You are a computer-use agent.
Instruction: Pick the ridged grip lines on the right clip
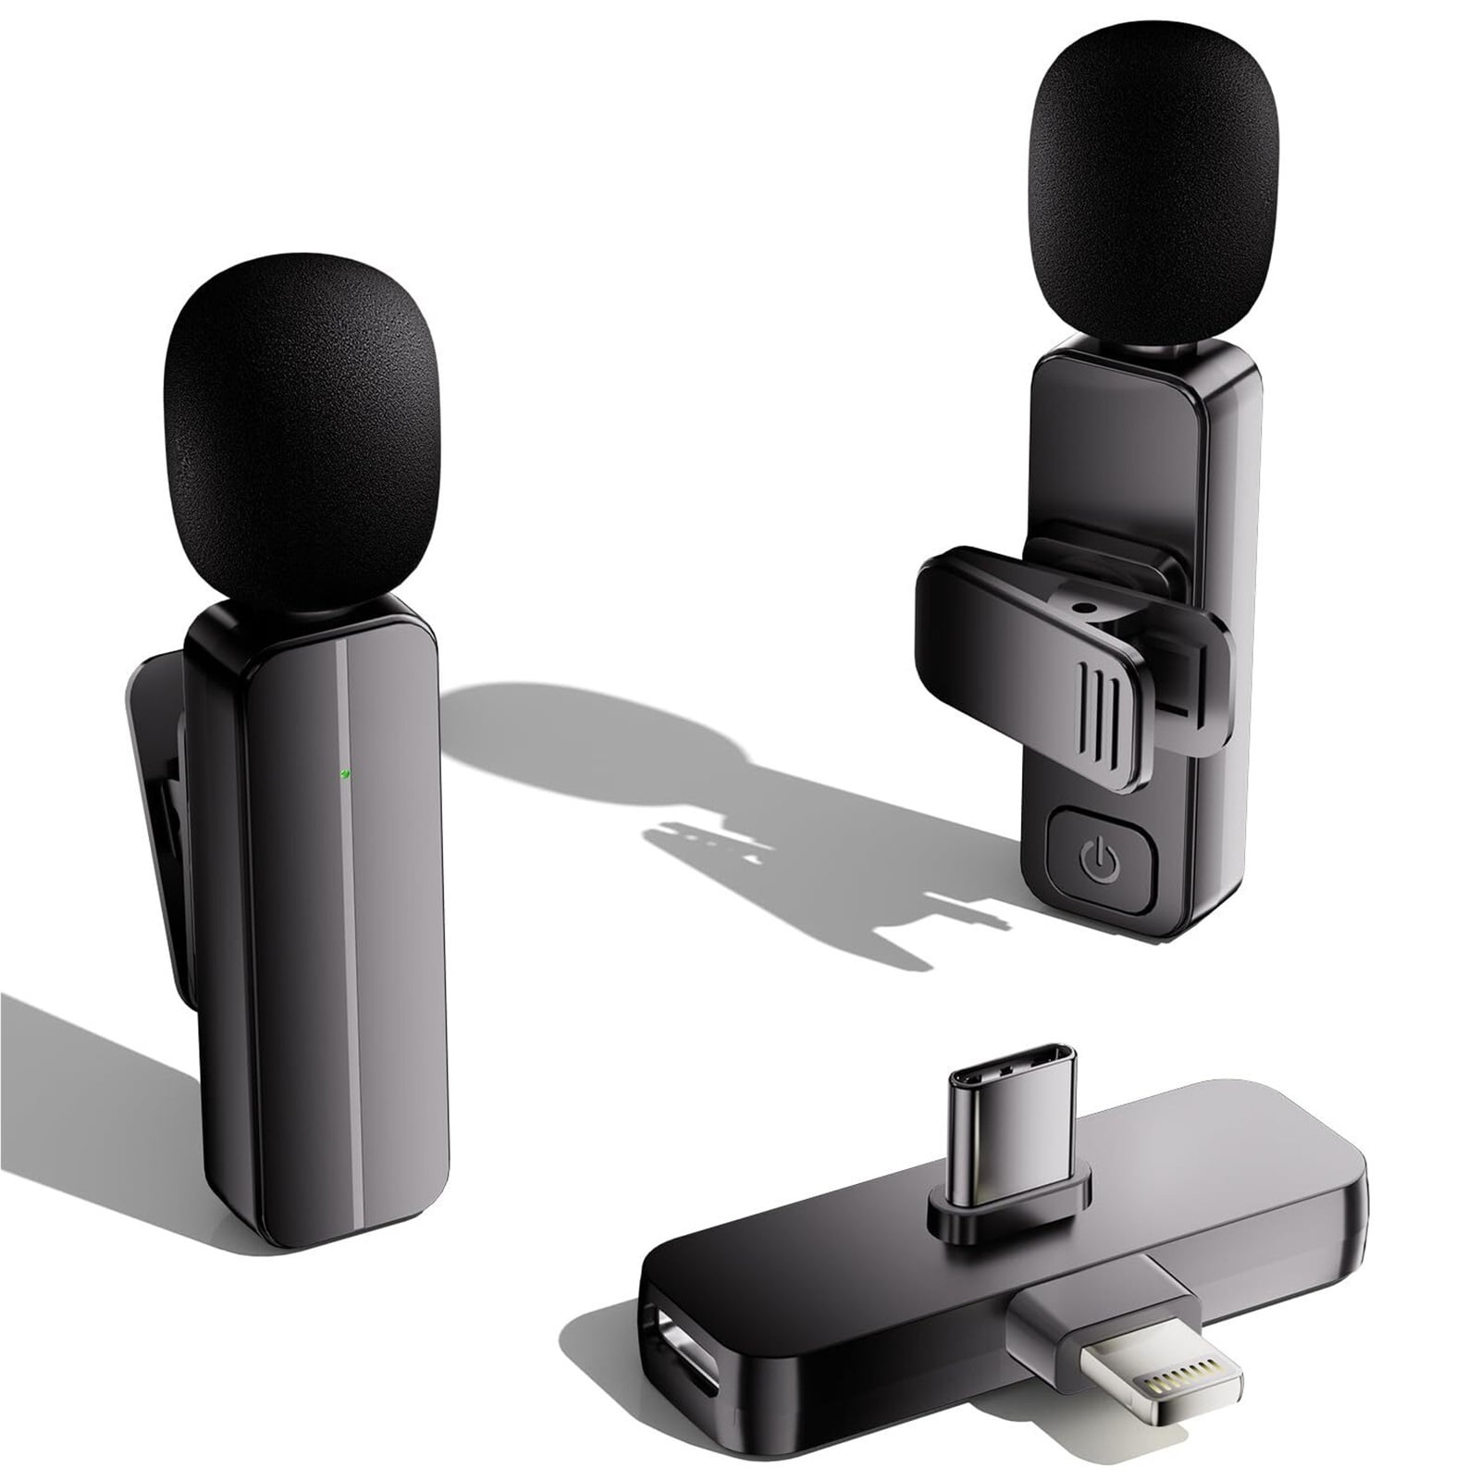click(x=1100, y=708)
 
